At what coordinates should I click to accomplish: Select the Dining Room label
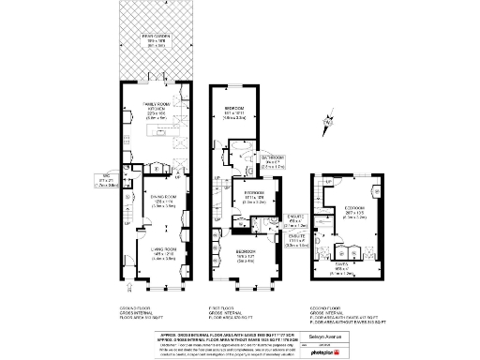click(x=165, y=201)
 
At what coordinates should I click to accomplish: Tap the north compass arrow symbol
click(x=325, y=120)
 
